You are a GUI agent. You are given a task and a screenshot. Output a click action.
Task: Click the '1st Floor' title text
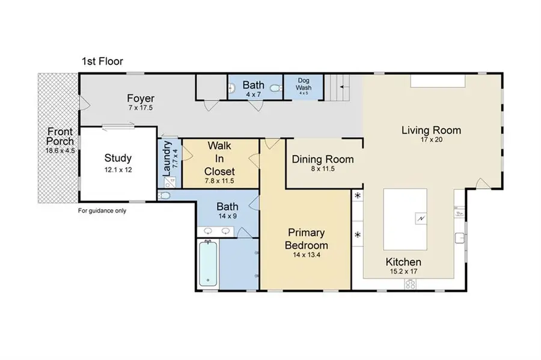pyautogui.click(x=102, y=61)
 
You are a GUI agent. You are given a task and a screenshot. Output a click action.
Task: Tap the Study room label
pyautogui.click(x=118, y=158)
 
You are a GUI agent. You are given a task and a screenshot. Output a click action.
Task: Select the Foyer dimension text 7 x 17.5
pyautogui.click(x=141, y=108)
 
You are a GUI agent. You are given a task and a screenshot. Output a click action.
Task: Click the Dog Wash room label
pyautogui.click(x=304, y=84)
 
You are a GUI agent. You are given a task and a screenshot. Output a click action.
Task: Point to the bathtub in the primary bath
pyautogui.click(x=208, y=264)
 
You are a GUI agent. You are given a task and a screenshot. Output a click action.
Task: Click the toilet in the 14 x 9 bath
pyautogui.click(x=164, y=195)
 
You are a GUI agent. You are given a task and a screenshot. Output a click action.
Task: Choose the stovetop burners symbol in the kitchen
pyautogui.click(x=410, y=284)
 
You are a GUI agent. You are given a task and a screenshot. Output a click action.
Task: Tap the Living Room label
pyautogui.click(x=431, y=130)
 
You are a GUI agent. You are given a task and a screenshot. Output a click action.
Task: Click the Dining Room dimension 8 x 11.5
pyautogui.click(x=323, y=169)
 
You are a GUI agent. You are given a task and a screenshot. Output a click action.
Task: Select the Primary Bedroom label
pyautogui.click(x=306, y=239)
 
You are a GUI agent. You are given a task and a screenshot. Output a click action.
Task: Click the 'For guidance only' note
pyautogui.click(x=102, y=211)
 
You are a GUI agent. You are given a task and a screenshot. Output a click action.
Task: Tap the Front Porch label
pyautogui.click(x=60, y=136)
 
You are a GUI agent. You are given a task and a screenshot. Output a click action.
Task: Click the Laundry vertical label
pyautogui.click(x=167, y=158)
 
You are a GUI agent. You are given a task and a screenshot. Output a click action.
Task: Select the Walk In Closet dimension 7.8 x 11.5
pyautogui.click(x=219, y=181)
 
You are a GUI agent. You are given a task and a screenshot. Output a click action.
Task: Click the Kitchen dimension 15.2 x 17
pyautogui.click(x=404, y=272)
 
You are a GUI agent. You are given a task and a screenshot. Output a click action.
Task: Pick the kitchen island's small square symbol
pyautogui.click(x=421, y=219)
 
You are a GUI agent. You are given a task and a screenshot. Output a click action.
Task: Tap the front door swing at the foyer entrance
pyautogui.click(x=85, y=103)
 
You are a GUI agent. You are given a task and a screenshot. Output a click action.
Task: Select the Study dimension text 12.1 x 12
pyautogui.click(x=118, y=169)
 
